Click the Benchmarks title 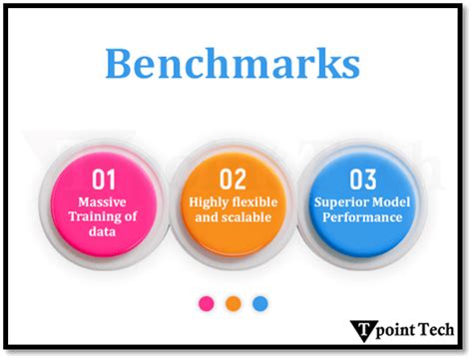point(232,63)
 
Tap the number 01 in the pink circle point(104,180)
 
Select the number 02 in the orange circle point(232,180)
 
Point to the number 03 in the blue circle point(361,180)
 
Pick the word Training point(92,216)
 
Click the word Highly point(208,202)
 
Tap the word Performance point(360,216)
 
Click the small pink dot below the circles point(207,303)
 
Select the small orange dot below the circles point(233,303)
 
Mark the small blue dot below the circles point(259,303)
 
